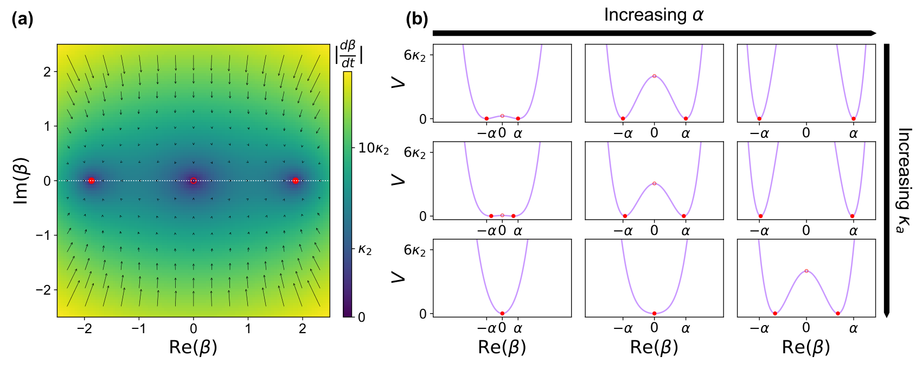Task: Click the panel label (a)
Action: click(23, 20)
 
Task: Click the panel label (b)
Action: click(417, 20)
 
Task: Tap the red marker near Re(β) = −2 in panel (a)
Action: click(91, 180)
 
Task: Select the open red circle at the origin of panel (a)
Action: click(194, 180)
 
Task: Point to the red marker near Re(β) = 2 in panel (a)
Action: click(295, 180)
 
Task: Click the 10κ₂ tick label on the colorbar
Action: click(373, 148)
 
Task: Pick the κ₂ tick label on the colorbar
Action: click(365, 249)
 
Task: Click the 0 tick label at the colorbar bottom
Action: click(362, 317)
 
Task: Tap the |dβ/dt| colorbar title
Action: click(349, 54)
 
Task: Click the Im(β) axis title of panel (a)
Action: click(21, 180)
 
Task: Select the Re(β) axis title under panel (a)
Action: click(193, 347)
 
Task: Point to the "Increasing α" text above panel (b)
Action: click(654, 15)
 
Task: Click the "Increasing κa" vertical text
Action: click(904, 180)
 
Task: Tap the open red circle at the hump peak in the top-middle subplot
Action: click(654, 76)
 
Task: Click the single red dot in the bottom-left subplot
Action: click(502, 314)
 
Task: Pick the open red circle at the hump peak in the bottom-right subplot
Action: click(806, 271)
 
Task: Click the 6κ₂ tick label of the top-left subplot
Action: click(415, 55)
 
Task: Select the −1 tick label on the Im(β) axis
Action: click(43, 235)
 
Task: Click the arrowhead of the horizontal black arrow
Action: click(873, 33)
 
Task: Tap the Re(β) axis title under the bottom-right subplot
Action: click(806, 347)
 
